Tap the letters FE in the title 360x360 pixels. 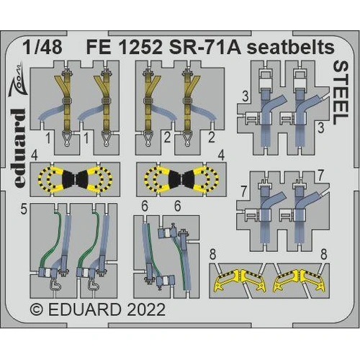pos(101,48)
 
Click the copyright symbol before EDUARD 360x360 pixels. pos(37,310)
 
